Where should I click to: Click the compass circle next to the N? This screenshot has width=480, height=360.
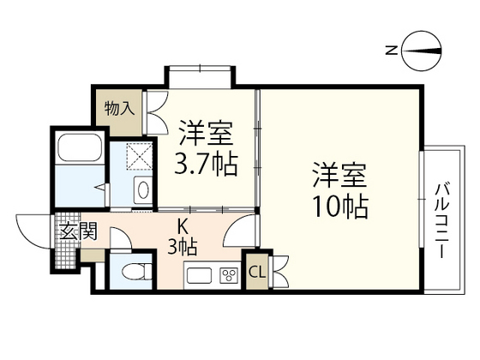point(422,51)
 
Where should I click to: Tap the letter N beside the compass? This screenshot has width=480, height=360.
point(391,51)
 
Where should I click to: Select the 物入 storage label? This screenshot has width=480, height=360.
point(119,108)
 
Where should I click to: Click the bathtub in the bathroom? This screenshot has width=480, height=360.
point(81,147)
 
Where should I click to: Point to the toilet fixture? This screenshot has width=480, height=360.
point(137,271)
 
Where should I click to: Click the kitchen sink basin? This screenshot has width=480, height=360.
point(199,275)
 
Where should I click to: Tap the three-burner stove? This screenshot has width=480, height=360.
point(229,275)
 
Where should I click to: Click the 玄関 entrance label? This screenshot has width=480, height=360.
point(78,231)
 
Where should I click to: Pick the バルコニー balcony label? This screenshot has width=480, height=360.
point(442,220)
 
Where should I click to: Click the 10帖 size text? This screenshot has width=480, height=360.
point(339,207)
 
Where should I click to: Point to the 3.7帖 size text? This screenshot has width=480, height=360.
point(206,165)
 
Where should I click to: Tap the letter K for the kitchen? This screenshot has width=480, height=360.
point(183,227)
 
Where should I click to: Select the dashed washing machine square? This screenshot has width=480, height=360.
point(139,156)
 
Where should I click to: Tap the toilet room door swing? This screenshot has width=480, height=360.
point(120,238)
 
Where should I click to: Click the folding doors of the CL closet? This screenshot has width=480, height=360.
point(279,271)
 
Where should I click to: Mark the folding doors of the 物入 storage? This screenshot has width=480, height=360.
point(157,112)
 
